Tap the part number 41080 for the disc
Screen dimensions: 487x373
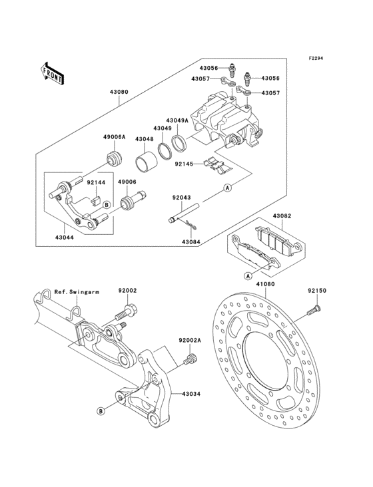(x=265, y=284)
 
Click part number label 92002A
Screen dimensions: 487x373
(x=189, y=340)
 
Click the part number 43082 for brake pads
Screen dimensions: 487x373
(x=282, y=216)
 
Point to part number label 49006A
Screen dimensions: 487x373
(x=114, y=136)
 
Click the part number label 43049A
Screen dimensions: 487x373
(x=177, y=119)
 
